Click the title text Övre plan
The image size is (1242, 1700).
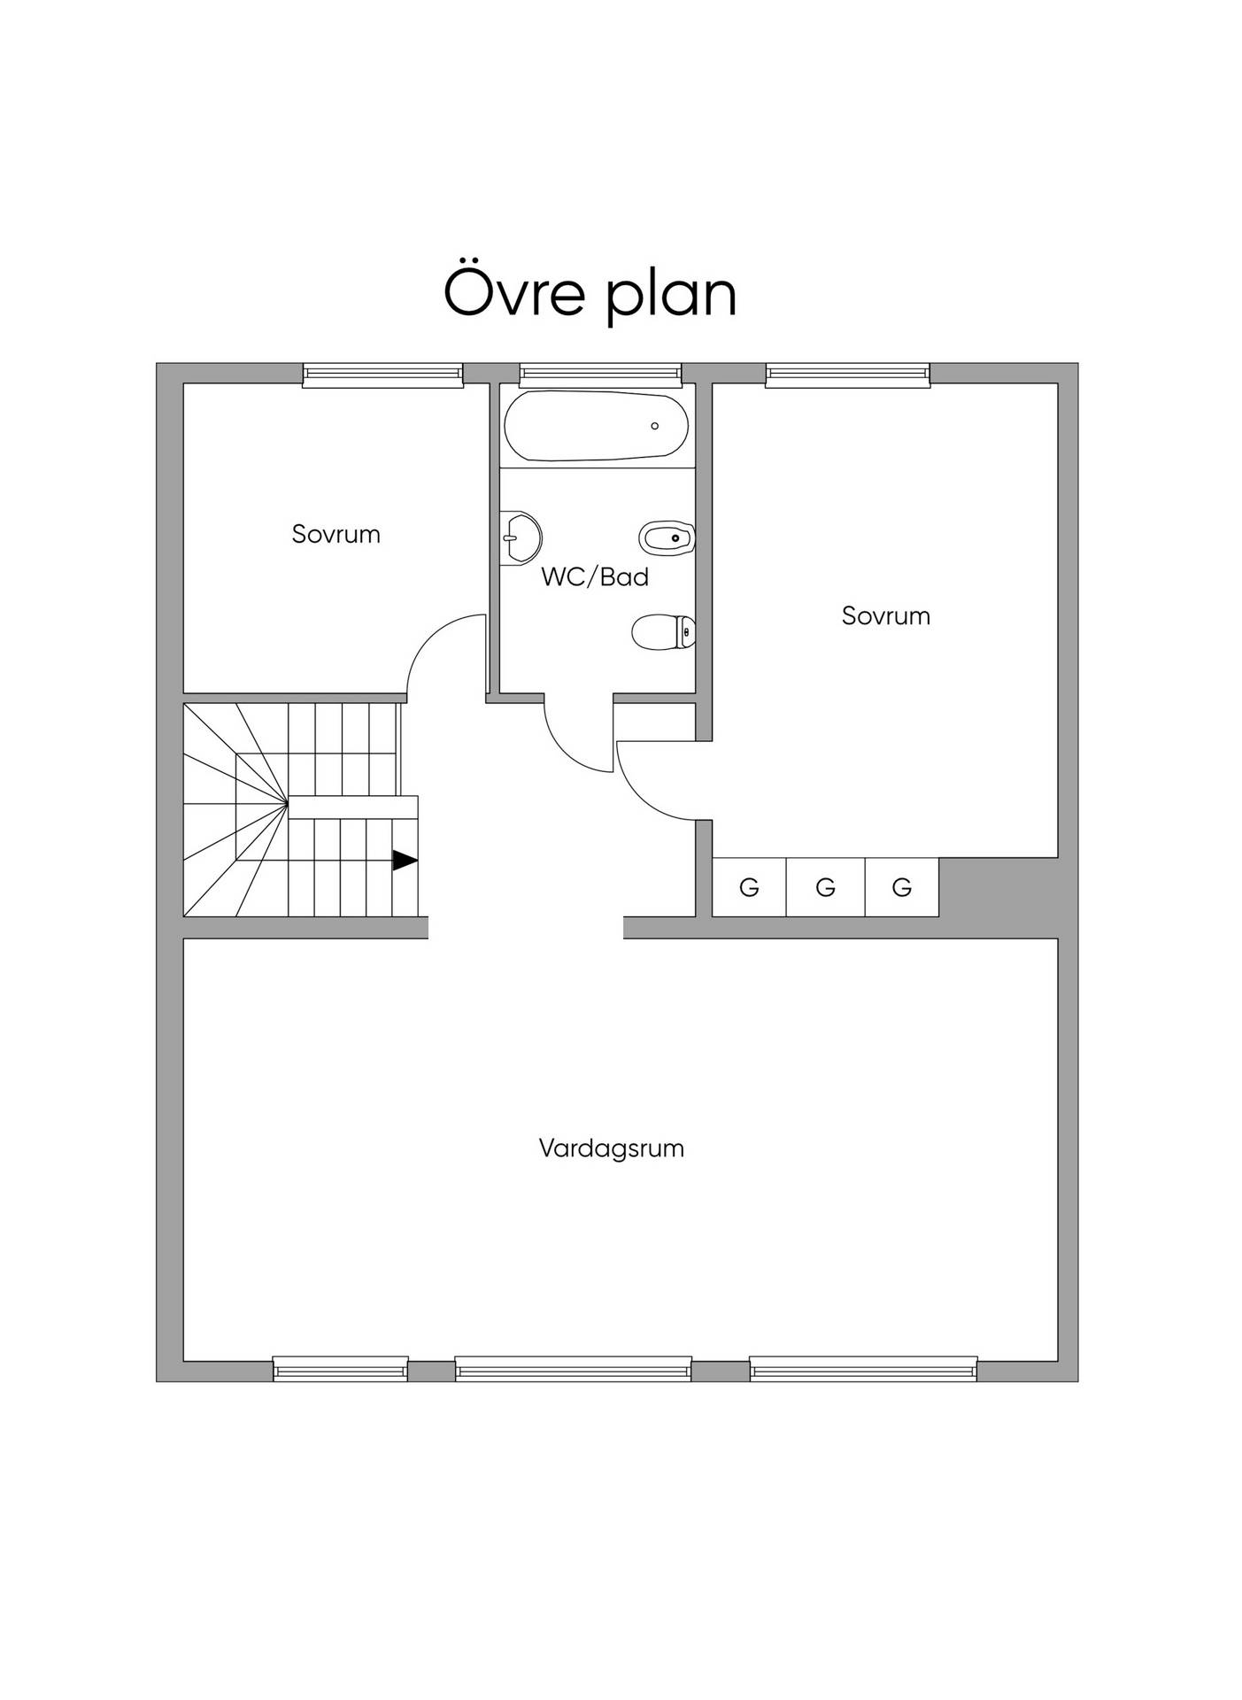(590, 291)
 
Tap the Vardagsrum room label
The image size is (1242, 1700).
(612, 1148)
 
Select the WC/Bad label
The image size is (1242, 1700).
(595, 576)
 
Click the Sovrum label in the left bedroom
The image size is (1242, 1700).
(336, 534)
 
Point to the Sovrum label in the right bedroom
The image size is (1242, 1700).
(886, 615)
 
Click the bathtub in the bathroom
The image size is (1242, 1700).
(596, 425)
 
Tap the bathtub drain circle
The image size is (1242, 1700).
(655, 426)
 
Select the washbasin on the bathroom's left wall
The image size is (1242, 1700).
(521, 537)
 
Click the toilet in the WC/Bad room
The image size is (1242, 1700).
(663, 632)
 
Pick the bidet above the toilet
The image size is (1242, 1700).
(667, 537)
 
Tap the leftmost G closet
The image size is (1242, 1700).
(749, 886)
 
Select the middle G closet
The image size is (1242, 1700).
(825, 886)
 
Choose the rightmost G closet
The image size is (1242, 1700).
(901, 886)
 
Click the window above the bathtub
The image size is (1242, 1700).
(601, 375)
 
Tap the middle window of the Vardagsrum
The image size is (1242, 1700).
(574, 1369)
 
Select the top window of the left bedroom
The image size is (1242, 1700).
(383, 375)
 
